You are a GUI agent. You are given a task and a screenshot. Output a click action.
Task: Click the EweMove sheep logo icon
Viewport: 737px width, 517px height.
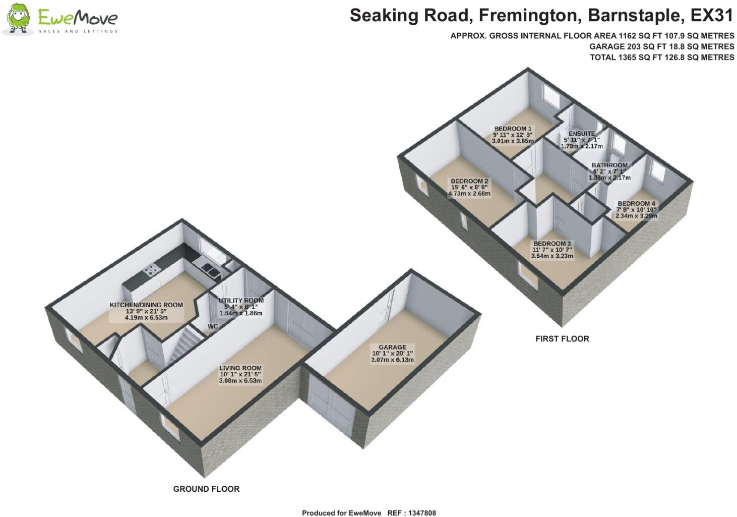click(18, 19)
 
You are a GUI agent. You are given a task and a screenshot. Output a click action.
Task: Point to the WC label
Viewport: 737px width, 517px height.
click(213, 327)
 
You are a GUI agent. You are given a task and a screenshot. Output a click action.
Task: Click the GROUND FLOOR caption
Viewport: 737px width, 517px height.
click(206, 489)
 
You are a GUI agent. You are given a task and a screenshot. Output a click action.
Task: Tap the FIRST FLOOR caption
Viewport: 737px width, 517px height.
click(562, 339)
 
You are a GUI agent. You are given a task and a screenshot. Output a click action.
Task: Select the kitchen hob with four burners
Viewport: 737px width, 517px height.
click(150, 271)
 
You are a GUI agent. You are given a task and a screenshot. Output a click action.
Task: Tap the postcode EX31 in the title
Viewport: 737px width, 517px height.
click(711, 16)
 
